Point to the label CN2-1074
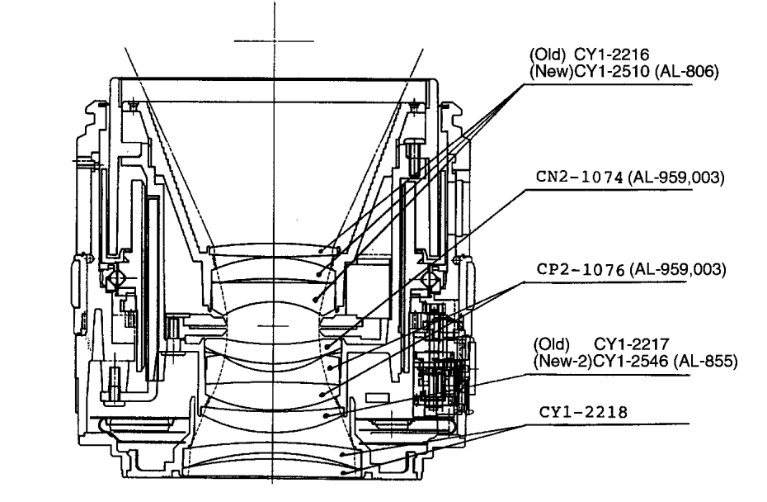click(580, 177)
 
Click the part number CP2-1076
click(581, 269)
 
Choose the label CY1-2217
click(631, 343)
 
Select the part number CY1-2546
click(631, 362)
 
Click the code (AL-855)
click(705, 362)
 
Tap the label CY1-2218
click(583, 412)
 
